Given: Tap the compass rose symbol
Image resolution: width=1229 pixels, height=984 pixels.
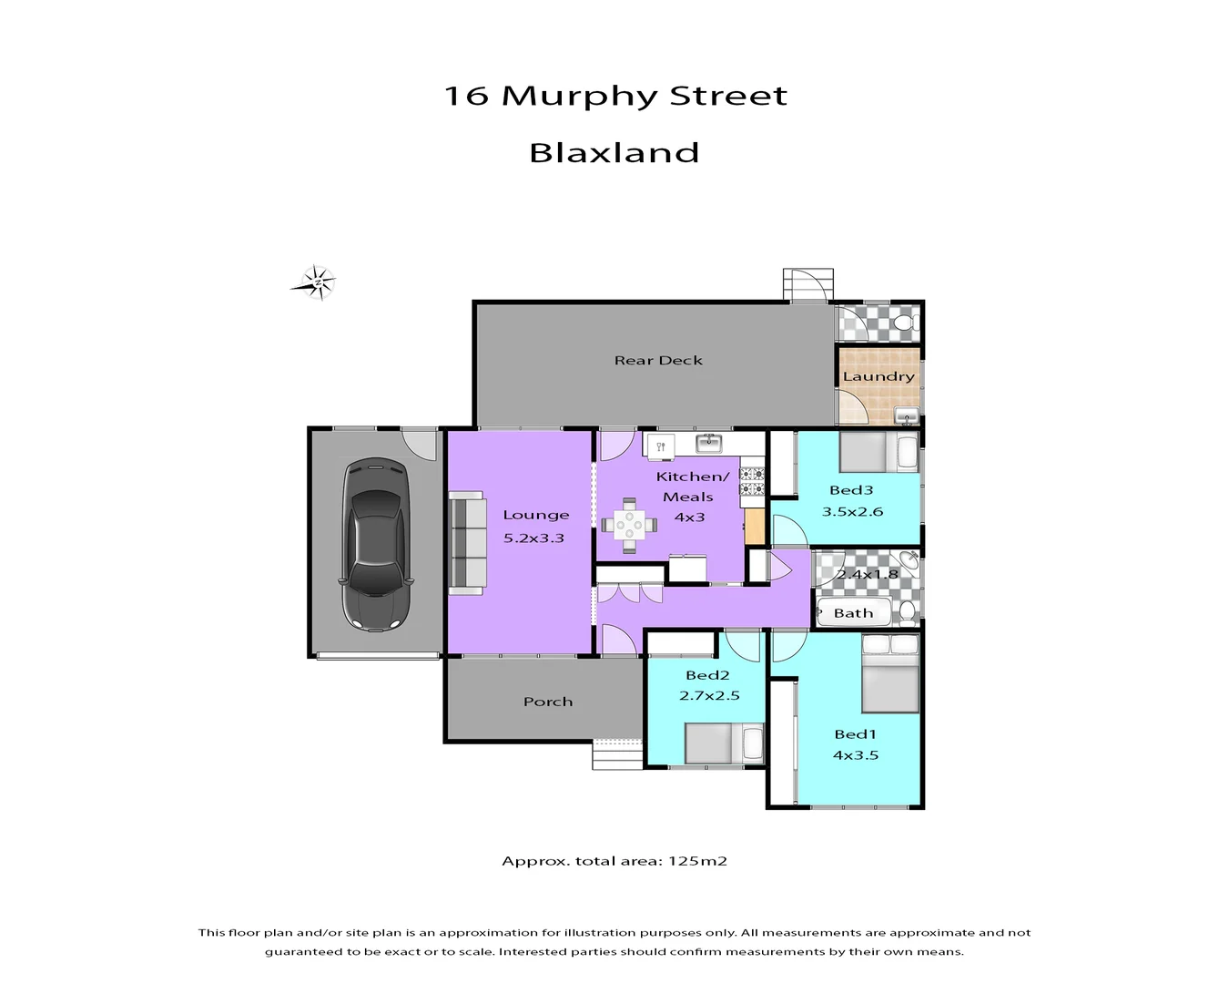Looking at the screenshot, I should coord(317,283).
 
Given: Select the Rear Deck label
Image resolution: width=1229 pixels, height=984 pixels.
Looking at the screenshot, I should coord(658,361).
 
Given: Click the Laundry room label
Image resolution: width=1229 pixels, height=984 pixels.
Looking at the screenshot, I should coord(879,376).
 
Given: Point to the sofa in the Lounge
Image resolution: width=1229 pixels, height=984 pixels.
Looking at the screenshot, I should coord(467,543).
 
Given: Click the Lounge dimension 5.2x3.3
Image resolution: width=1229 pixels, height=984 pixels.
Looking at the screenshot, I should coord(534,538).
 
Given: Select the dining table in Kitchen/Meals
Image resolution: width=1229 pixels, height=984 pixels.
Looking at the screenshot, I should coord(628,525).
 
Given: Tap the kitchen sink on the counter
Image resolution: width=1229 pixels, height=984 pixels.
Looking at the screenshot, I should coord(708,444).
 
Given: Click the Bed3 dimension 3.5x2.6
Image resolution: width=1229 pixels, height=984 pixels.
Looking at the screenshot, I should coord(852,512).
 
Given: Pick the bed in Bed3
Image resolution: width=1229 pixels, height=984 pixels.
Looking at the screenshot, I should coord(879,452).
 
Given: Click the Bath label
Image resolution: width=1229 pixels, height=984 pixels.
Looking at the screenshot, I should coord(853,613).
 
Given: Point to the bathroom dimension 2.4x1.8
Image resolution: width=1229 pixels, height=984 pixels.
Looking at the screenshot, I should coord(868,575).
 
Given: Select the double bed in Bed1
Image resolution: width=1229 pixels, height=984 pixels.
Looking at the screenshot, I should coord(890,675).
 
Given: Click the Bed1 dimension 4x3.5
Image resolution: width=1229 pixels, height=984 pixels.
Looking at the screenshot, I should coord(855,755).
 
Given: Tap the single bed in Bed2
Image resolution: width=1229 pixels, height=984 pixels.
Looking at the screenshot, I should coord(724,743).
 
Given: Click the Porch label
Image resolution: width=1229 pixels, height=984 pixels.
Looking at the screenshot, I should coord(548,702).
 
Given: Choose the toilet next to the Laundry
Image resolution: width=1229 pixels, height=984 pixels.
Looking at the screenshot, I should coord(904,323).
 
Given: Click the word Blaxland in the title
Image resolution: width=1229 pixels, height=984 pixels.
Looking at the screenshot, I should coord(614,152).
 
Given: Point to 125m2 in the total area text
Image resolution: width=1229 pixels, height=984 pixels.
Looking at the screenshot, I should coord(697,861).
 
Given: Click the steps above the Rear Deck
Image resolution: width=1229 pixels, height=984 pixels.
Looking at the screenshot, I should coord(807,284).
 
